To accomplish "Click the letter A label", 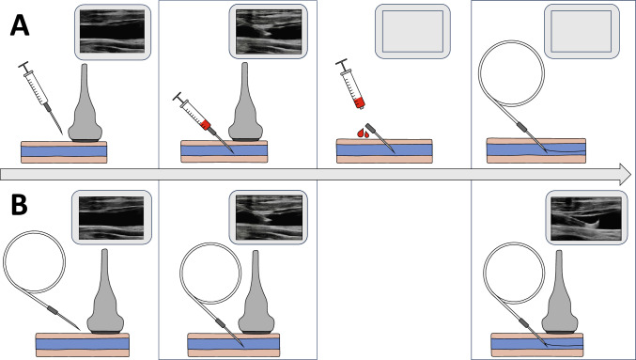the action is tap(20, 26).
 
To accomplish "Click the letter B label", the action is tap(19, 205).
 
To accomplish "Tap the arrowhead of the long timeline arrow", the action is tap(625, 175).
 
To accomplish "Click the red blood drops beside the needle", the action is tap(364, 133).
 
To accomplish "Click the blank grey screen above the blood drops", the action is tap(412, 31).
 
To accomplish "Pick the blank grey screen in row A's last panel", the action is tap(582, 31).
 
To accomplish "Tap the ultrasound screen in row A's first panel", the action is tap(113, 31).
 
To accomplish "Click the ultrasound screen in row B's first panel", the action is tap(112, 217).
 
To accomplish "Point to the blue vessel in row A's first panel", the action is tap(64, 151).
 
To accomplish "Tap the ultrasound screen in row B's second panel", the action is tap(269, 217).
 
